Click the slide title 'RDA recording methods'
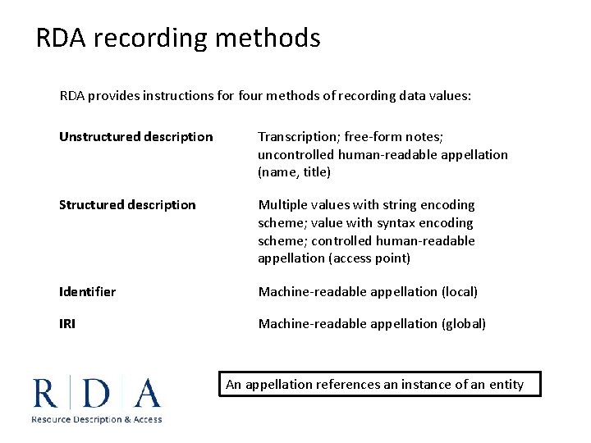click(x=178, y=38)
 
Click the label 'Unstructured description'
click(x=135, y=137)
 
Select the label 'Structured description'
click(x=127, y=205)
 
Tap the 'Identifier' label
click(x=87, y=292)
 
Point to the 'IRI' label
click(x=67, y=324)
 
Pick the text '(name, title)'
click(x=294, y=172)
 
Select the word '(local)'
click(x=460, y=292)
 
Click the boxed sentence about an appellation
click(x=380, y=384)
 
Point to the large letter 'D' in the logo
click(x=97, y=392)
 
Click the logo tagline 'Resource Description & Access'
click(x=97, y=419)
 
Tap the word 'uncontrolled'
click(x=296, y=154)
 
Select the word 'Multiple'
click(x=283, y=205)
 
